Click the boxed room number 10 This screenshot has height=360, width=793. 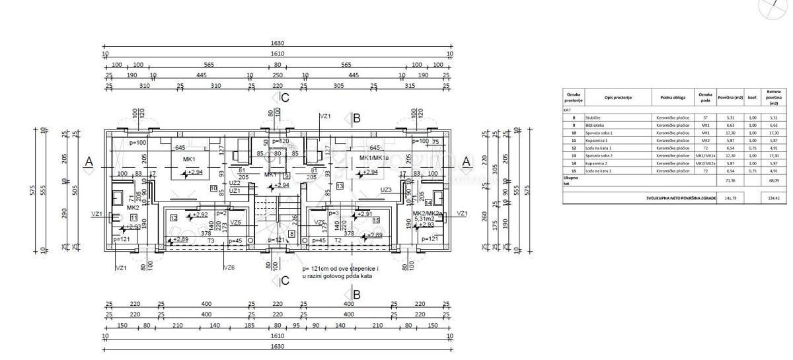[213, 188]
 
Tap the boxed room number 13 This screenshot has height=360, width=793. [340, 188]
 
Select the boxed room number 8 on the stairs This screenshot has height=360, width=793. [291, 233]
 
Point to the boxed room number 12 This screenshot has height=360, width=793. [173, 217]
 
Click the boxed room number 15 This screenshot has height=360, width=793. [376, 219]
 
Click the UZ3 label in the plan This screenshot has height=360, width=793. [387, 190]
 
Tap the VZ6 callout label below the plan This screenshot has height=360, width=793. [229, 268]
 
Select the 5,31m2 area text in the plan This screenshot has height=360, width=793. [424, 219]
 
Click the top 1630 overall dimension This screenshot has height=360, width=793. [278, 43]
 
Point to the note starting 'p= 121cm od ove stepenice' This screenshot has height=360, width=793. [340, 273]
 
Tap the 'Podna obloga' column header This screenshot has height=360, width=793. [671, 97]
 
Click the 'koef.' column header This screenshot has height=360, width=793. [752, 97]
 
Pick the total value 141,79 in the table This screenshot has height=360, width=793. [732, 198]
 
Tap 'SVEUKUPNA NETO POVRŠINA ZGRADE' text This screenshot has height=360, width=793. [681, 198]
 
